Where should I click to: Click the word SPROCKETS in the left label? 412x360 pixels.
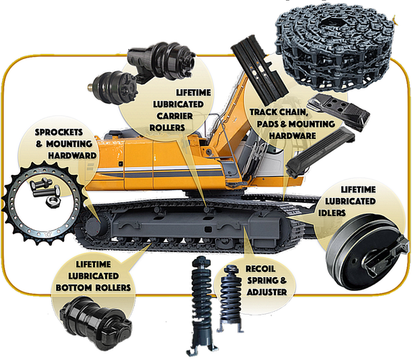pos(59,132)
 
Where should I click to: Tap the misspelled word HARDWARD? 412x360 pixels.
pos(72,156)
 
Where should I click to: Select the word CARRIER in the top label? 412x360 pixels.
pos(175,116)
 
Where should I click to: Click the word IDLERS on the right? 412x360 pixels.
pos(332,212)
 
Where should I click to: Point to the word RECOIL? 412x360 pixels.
pos(261,269)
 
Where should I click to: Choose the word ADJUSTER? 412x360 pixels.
pos(267,292)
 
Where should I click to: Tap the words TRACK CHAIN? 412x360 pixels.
pos(279,112)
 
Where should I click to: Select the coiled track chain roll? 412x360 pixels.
pos(335,48)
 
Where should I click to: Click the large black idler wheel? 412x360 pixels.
pos(367,251)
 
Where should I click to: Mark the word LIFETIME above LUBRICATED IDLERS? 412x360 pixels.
pos(358,189)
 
